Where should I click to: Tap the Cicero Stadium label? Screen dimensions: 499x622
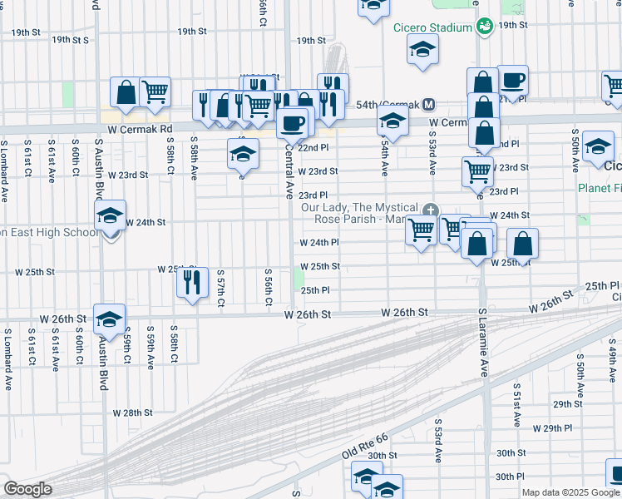pyautogui.click(x=433, y=27)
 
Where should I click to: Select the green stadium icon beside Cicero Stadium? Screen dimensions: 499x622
pyautogui.click(x=483, y=27)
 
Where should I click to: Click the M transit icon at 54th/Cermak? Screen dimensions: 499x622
pyautogui.click(x=429, y=105)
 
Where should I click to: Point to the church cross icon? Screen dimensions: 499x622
pyautogui.click(x=429, y=209)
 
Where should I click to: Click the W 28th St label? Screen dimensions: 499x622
pyautogui.click(x=133, y=413)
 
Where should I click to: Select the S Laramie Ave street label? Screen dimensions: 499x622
pyautogui.click(x=482, y=342)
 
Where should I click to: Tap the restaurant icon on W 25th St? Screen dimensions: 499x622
pyautogui.click(x=192, y=281)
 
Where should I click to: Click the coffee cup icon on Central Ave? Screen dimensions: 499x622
pyautogui.click(x=292, y=123)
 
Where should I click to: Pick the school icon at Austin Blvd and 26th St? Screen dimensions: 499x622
pyautogui.click(x=109, y=319)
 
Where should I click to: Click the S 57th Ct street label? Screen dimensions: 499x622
pyautogui.click(x=221, y=287)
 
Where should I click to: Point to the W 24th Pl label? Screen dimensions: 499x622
pyautogui.click(x=318, y=243)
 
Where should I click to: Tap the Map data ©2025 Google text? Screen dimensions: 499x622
pyautogui.click(x=570, y=492)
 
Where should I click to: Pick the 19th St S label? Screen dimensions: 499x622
pyautogui.click(x=70, y=39)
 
